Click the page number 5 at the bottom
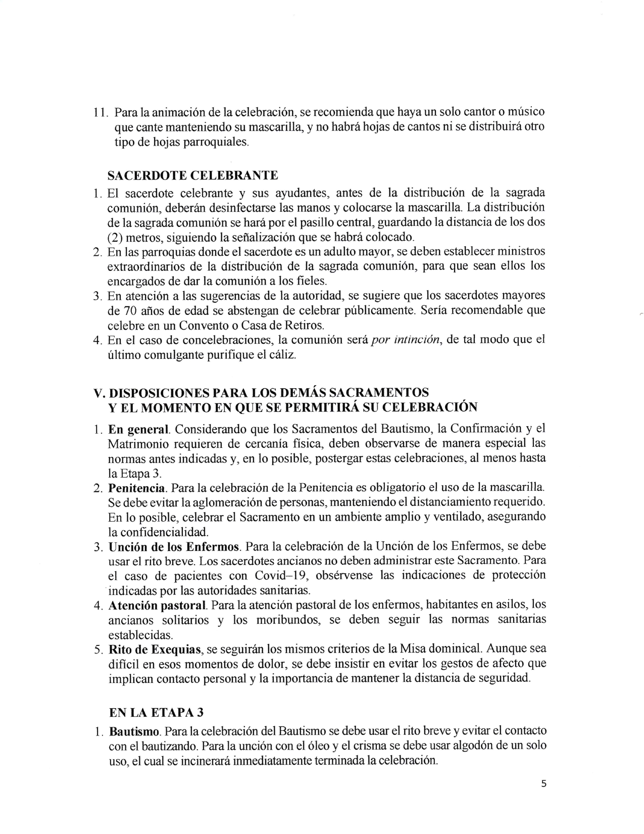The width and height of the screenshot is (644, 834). tap(543, 784)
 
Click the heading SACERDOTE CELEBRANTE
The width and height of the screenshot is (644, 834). tap(193, 175)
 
